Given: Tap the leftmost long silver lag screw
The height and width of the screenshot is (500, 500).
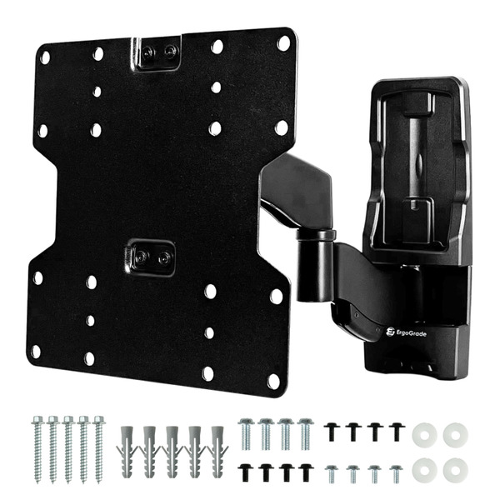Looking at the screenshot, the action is coord(37,449).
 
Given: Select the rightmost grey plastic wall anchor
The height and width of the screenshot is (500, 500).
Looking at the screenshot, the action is coord(217,451).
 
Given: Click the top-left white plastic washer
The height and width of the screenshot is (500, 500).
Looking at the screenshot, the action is coord(424,435).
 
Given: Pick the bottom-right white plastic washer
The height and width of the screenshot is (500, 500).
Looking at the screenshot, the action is coord(455,470).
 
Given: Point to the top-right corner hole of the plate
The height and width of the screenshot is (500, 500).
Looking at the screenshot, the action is coord(283,43).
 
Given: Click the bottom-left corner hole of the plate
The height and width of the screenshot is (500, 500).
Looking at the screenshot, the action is coord(35,352).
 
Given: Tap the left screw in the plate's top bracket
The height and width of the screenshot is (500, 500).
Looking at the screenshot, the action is coord(147,51).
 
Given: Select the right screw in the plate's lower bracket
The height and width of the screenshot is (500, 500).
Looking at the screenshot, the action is coord(164,257).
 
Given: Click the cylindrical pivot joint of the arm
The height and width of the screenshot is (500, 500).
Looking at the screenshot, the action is coord(314,266).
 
